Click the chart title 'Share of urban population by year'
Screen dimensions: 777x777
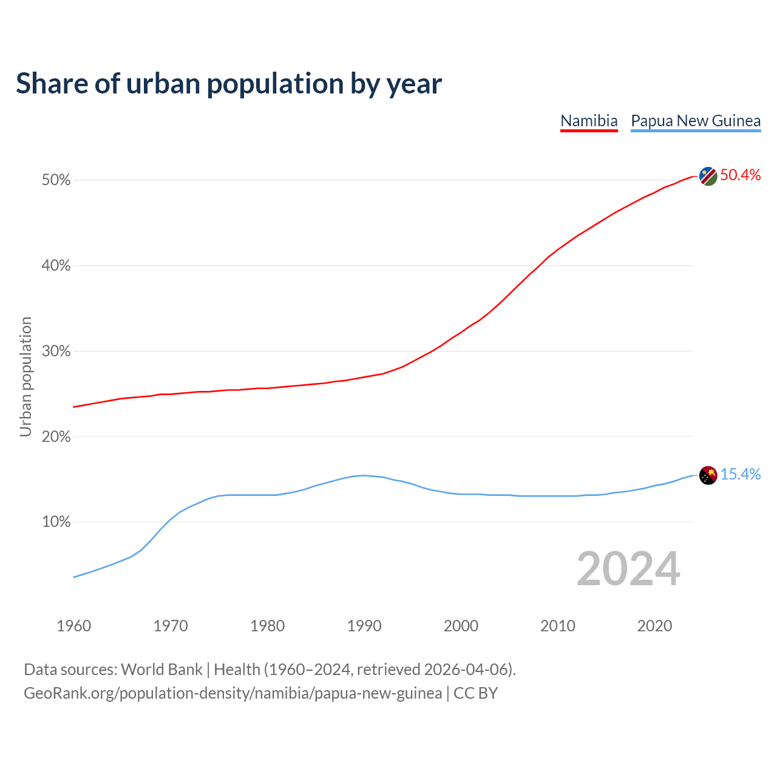coord(229,84)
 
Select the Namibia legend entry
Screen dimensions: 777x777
coord(589,121)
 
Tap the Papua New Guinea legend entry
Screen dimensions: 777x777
coord(696,121)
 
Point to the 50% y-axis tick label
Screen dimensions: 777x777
coord(56,180)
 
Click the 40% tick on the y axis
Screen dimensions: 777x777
coord(56,266)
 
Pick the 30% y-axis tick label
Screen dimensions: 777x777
coord(56,351)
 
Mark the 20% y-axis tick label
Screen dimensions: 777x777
coord(56,437)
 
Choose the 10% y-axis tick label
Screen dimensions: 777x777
coord(56,522)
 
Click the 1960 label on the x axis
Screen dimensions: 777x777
coord(73,626)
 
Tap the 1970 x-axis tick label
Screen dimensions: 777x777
coord(171,626)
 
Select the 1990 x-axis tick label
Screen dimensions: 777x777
coord(364,626)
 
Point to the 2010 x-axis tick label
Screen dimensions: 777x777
coord(558,626)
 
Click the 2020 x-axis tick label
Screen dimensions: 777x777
coord(654,626)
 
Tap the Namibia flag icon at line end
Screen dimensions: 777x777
coord(708,176)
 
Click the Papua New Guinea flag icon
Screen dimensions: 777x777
coord(708,475)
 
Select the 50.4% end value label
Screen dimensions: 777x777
coord(741,175)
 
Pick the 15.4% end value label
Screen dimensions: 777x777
coord(741,475)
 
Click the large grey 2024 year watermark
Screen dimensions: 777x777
coord(628,569)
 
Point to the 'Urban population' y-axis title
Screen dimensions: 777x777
coord(25,376)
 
